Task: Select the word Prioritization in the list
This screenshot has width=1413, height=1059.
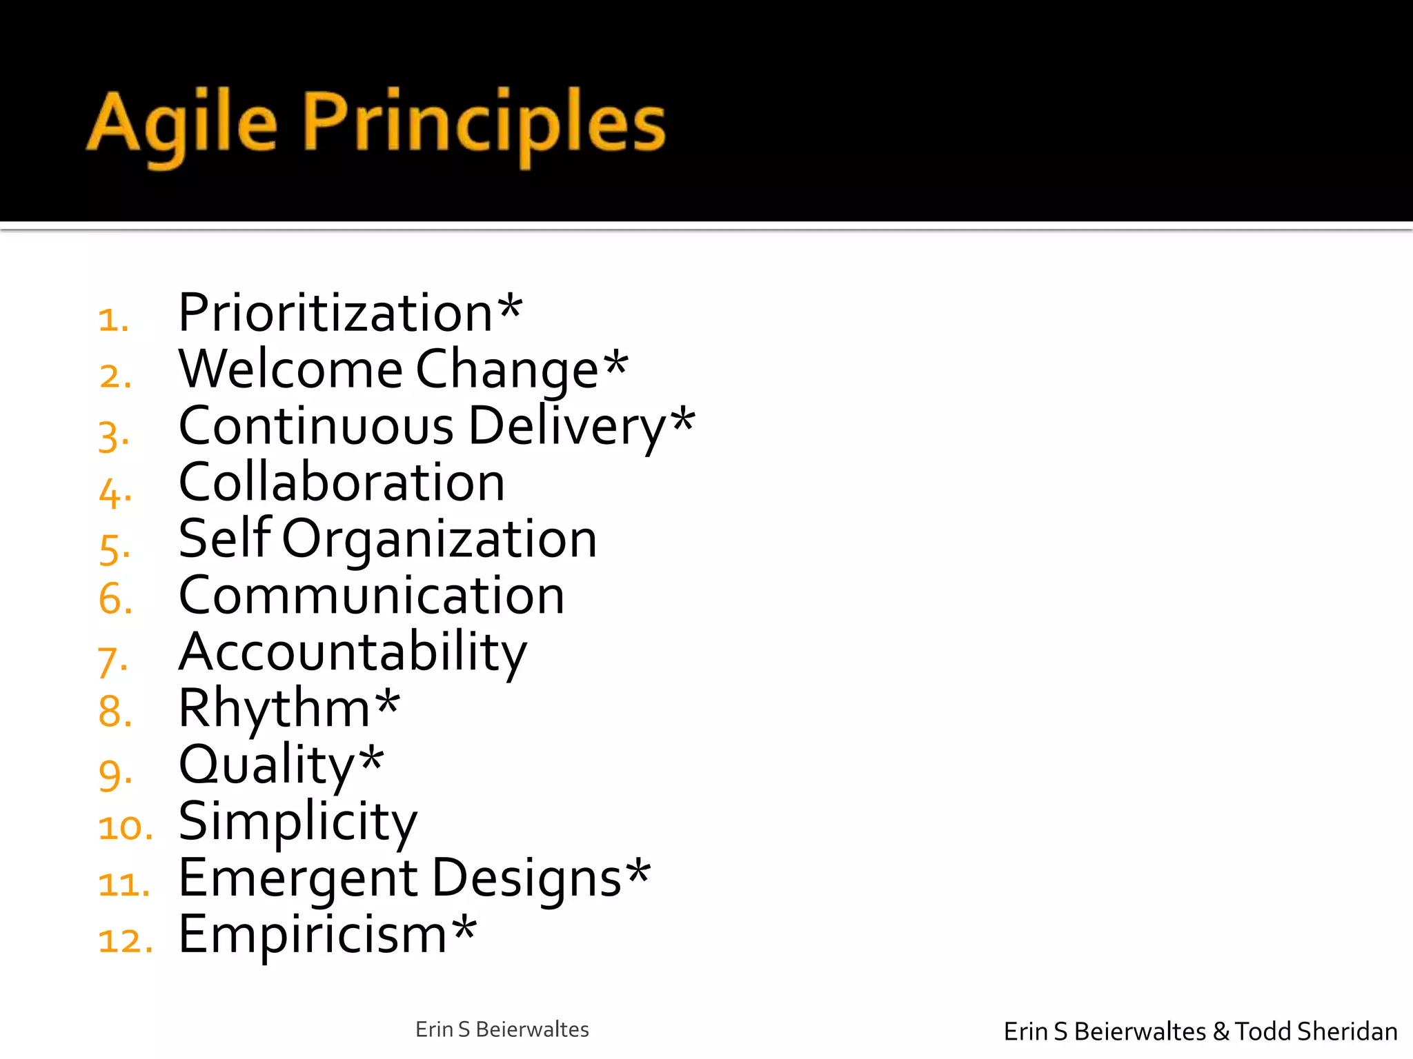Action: (x=335, y=314)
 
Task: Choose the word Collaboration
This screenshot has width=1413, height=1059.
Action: (x=342, y=483)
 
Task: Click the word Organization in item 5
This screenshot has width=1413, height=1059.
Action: (x=439, y=540)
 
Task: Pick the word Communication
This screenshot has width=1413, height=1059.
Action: (x=371, y=596)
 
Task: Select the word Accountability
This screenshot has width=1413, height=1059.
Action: (x=353, y=652)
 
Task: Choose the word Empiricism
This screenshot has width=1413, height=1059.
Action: (x=313, y=936)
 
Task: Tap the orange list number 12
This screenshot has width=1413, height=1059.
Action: (x=124, y=940)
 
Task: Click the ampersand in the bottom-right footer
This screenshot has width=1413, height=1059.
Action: (x=1221, y=1031)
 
